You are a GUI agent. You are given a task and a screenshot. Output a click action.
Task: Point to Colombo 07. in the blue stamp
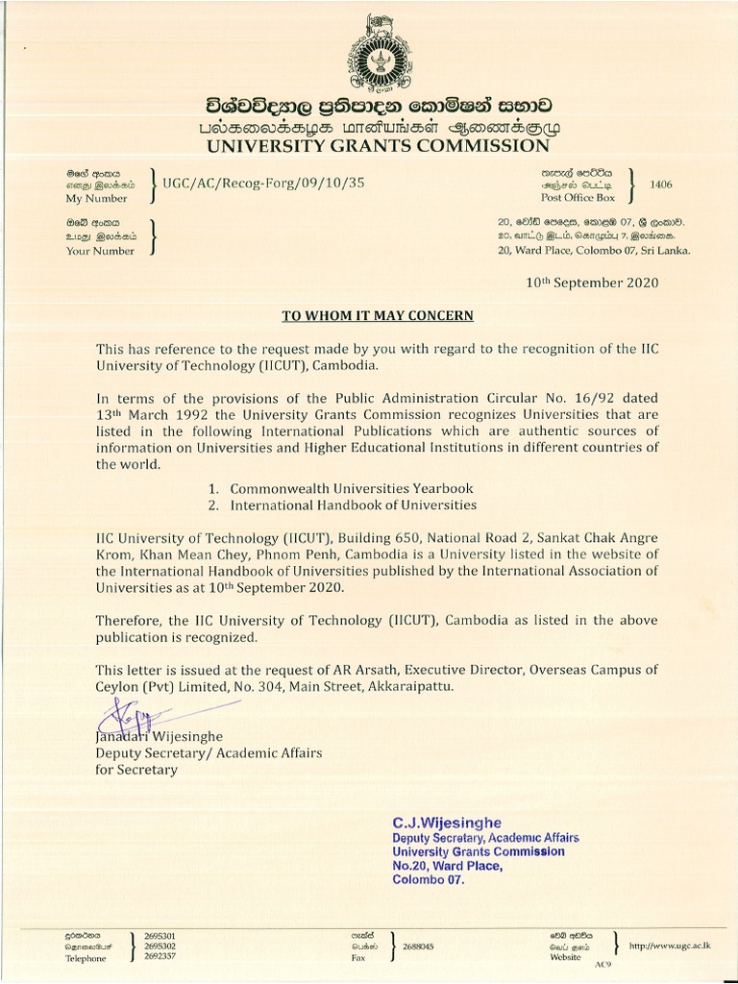point(429,878)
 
